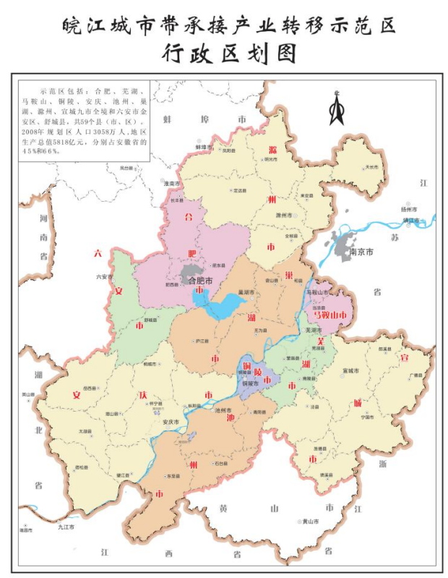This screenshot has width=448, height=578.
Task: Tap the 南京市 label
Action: point(361,252)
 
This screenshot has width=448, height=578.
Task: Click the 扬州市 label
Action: point(410,208)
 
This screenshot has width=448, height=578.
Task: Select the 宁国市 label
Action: point(366,417)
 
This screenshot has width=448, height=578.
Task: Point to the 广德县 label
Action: point(415,375)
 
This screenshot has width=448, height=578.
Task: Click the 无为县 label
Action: point(263,331)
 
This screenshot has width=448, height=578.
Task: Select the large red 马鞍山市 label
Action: point(329,315)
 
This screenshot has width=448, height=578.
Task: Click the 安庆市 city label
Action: point(171,422)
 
